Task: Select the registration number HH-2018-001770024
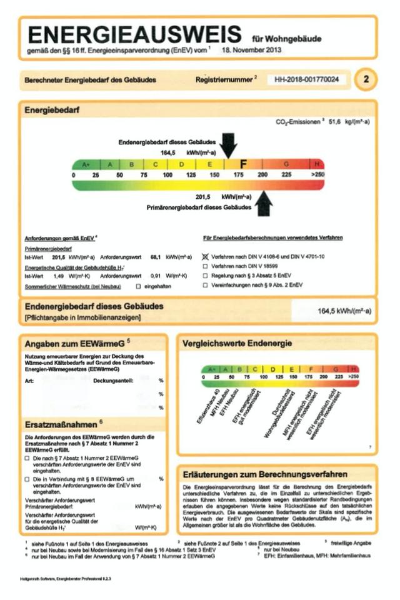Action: (307, 80)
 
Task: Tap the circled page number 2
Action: (366, 79)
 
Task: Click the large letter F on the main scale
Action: (244, 164)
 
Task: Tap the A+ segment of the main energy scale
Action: (86, 164)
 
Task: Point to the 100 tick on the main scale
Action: (167, 176)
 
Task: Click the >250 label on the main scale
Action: (318, 176)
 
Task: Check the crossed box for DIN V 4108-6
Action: (206, 257)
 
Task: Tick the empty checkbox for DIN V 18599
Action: (206, 266)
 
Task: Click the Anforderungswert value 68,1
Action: (156, 257)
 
